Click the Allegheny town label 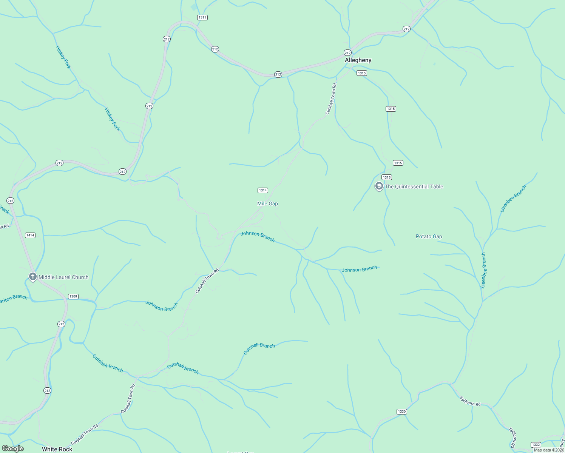click(358, 60)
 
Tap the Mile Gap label click(267, 203)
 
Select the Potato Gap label click(429, 236)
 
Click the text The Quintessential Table click(414, 186)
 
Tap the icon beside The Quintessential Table click(379, 186)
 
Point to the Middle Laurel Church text click(63, 277)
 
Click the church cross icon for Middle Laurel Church click(32, 277)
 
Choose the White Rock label click(57, 449)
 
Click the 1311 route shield click(202, 17)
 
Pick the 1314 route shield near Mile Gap click(263, 190)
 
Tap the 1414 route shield click(30, 235)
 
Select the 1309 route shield click(73, 296)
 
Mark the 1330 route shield click(401, 411)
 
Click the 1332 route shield click(536, 445)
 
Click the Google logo click(13, 448)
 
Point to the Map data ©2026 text click(549, 450)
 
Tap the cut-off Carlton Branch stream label click(14, 298)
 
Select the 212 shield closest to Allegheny click(347, 52)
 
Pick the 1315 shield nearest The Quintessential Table click(386, 177)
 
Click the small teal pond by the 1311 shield click(194, 7)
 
